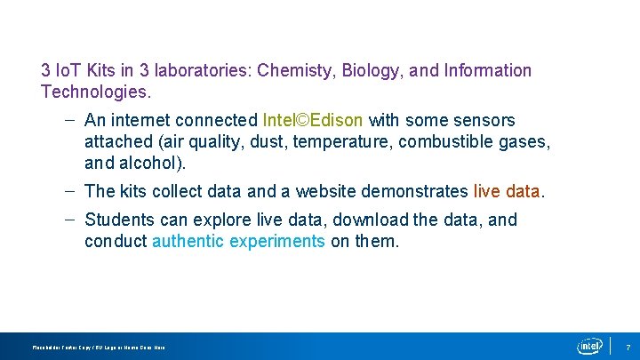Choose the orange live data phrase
pyautogui.click(x=507, y=191)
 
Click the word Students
pyautogui.click(x=118, y=220)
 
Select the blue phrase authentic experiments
pyautogui.click(x=238, y=241)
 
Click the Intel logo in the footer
pyautogui.click(x=589, y=346)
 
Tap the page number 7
pyautogui.click(x=628, y=347)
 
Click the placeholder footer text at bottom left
pyautogui.click(x=98, y=348)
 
